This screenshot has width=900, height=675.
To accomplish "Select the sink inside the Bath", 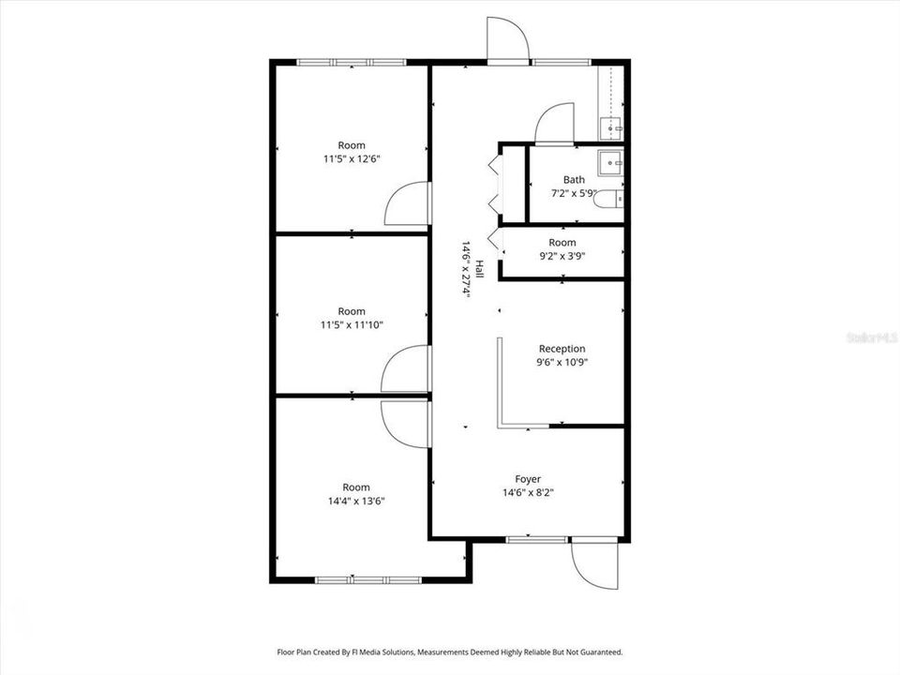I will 613,162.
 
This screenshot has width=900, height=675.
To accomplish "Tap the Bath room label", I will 574,180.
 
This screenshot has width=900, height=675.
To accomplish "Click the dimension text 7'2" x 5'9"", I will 574,193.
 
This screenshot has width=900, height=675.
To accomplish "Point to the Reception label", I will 562,349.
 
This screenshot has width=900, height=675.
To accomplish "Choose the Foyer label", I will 528,479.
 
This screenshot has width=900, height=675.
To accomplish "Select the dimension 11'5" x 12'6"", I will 352,158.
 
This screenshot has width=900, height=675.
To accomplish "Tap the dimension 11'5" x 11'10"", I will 352,324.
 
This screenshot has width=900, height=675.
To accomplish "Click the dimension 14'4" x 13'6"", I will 352,501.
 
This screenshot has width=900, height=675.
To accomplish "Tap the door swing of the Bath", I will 553,125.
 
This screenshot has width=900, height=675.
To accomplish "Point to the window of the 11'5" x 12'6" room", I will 352,62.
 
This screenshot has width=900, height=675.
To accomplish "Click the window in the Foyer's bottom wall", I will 536,539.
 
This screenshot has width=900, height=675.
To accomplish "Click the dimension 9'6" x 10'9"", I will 562,362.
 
